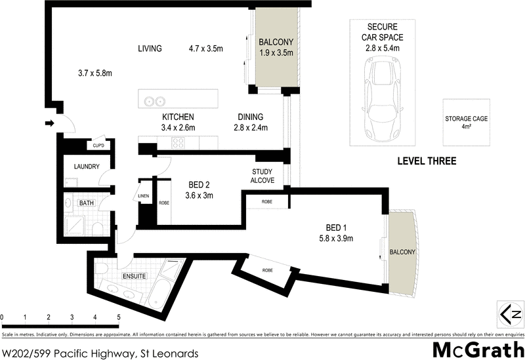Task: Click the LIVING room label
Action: tap(150, 49)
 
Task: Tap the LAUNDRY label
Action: tap(87, 167)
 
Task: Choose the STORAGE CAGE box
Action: tap(466, 123)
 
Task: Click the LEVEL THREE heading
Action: tap(427, 161)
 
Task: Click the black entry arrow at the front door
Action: tap(49, 122)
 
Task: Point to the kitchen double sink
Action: tap(155, 101)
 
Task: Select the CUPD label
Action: tap(98, 146)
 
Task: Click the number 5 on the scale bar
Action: tap(119, 317)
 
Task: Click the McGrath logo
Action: tap(476, 348)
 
